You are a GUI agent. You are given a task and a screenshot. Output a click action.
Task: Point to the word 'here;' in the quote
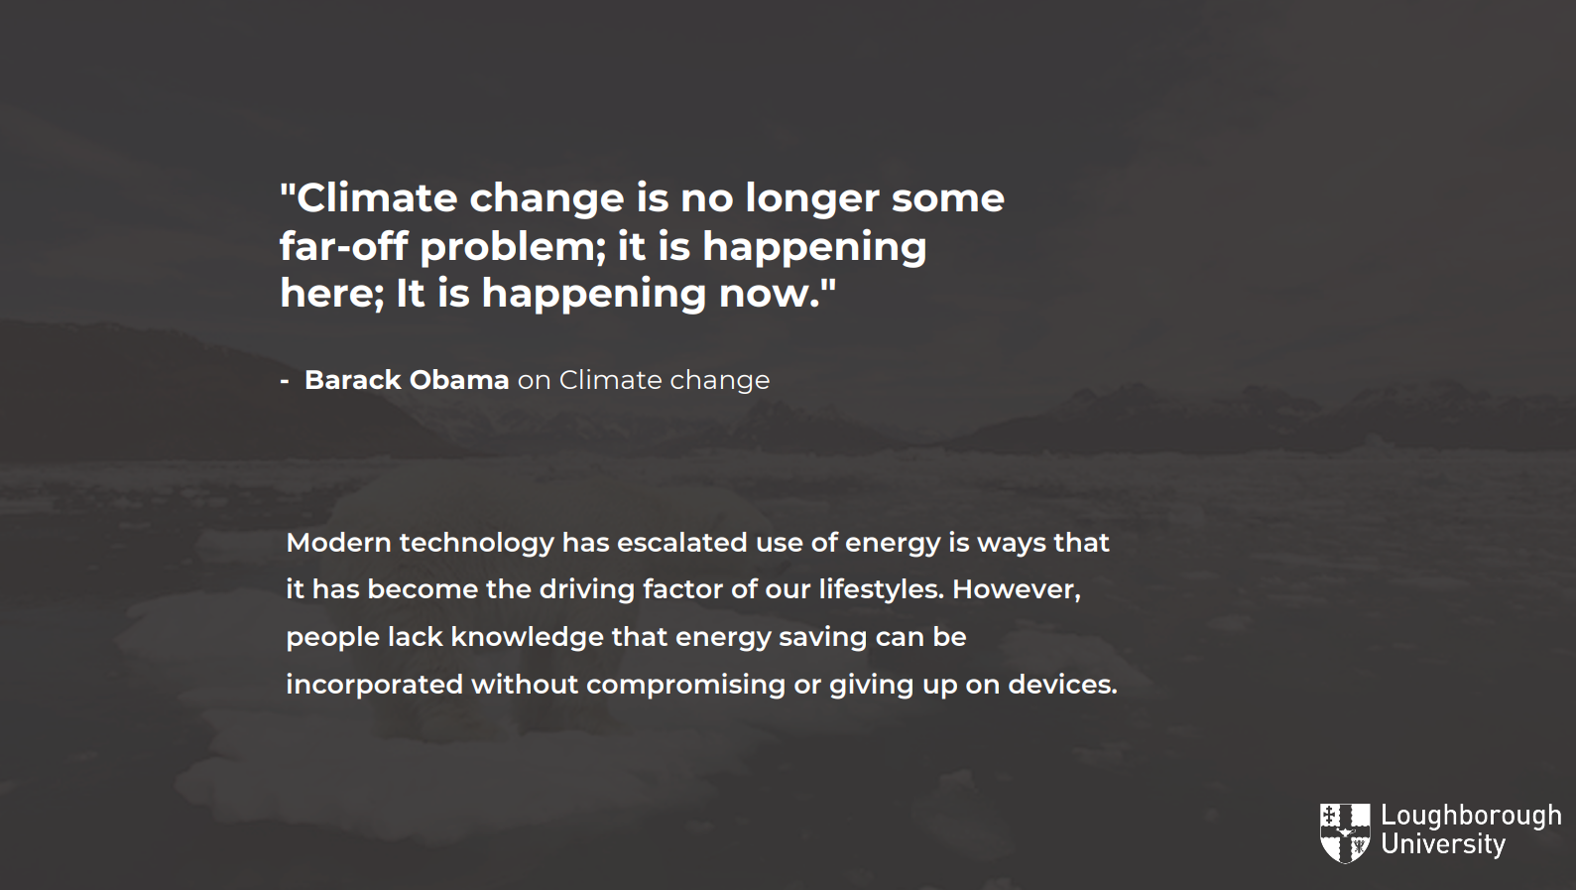click(332, 294)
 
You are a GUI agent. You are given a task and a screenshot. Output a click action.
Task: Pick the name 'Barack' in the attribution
click(352, 380)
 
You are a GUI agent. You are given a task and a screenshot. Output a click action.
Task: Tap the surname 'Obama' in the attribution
click(459, 380)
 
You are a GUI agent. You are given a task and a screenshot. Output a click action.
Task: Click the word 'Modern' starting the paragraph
click(338, 543)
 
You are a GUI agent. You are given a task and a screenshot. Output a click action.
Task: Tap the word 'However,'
click(1016, 590)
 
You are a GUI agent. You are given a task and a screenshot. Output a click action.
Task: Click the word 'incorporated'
click(374, 686)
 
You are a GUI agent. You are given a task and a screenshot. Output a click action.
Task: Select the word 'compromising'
click(685, 686)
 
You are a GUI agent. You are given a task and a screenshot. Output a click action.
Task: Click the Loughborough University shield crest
click(1345, 833)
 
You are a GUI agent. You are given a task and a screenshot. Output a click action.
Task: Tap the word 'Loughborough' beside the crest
click(1471, 817)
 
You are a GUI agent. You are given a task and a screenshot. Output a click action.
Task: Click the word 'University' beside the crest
click(1443, 844)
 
